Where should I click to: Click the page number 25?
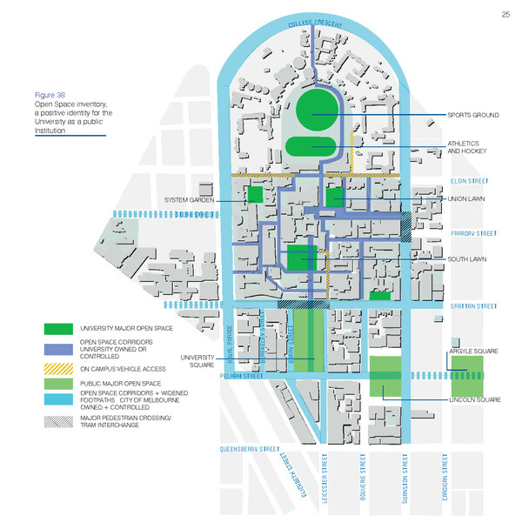[x=505, y=14]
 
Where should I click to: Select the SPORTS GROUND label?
[x=472, y=115]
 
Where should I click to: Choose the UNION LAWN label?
[x=467, y=198]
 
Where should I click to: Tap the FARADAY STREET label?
[x=473, y=233]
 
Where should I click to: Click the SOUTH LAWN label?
[x=467, y=259]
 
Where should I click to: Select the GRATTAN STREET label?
[x=473, y=306]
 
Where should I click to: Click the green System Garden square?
[x=255, y=194]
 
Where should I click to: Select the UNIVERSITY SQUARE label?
[x=197, y=360]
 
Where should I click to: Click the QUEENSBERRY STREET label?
[x=252, y=450]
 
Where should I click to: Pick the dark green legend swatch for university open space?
[x=59, y=329]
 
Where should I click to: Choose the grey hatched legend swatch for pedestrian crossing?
[x=59, y=421]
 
